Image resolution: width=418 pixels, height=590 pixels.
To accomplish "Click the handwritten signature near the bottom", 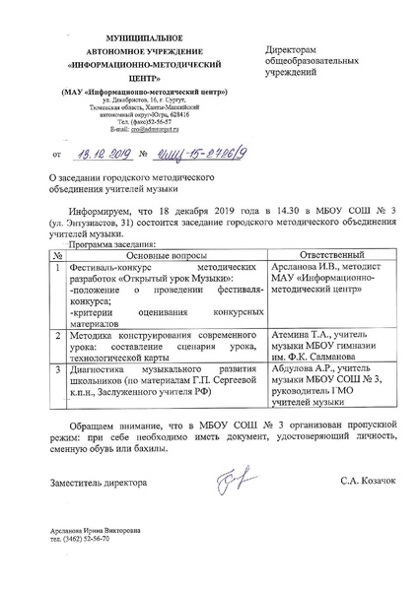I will [x=216, y=477].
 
